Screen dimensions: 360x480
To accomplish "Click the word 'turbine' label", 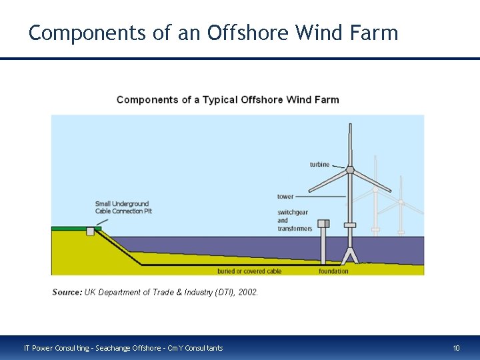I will [319, 165].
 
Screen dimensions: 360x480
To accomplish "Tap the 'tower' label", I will [285, 197].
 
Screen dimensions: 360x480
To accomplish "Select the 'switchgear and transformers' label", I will [294, 220].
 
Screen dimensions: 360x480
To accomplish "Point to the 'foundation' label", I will [333, 271].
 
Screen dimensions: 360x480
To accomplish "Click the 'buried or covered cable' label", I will [249, 271].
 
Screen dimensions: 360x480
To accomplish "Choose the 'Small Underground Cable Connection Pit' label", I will [122, 207].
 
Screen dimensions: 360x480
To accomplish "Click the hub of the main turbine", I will [350, 170].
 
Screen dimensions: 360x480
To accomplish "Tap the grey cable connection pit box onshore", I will [91, 231].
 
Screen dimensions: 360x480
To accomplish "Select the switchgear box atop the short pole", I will [323, 223].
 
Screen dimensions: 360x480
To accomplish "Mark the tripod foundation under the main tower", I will [350, 257].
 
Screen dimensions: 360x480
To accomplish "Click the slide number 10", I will [457, 348].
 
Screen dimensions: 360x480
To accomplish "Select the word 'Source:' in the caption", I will [67, 292].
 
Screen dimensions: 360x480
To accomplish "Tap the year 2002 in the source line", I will [247, 292].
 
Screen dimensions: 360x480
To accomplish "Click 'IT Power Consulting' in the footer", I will [53, 348].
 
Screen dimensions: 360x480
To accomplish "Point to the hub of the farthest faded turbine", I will [401, 202].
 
